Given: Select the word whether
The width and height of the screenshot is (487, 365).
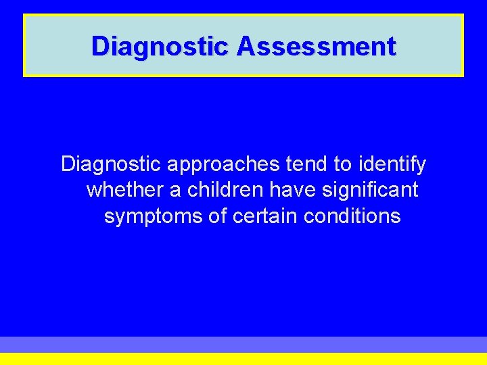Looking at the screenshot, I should point(125,190).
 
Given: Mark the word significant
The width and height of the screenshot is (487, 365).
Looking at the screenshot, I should point(371,190).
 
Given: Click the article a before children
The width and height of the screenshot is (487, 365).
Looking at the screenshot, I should point(175,191).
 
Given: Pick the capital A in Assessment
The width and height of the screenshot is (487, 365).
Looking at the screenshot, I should point(246,47).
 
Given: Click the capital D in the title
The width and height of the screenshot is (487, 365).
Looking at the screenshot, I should point(99,47).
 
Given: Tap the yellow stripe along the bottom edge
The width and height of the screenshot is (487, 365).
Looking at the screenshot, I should point(243,359).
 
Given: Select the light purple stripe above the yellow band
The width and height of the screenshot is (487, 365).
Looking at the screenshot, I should point(243,344).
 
